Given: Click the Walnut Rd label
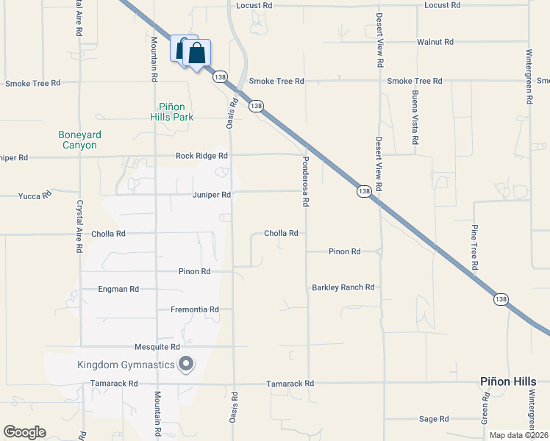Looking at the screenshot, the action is [435, 42].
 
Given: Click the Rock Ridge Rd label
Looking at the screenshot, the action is [201, 156].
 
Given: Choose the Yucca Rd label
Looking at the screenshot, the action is [35, 196].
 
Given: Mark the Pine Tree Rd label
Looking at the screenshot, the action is [475, 245].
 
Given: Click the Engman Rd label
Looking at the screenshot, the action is [118, 290].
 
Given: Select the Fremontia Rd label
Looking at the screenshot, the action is [195, 309].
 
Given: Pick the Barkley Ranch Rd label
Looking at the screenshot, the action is [343, 287].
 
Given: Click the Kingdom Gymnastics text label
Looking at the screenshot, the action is [126, 365].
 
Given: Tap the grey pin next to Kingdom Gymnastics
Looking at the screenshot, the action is [187, 364].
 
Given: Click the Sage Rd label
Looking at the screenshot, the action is [433, 419].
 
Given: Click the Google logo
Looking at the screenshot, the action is [24, 432].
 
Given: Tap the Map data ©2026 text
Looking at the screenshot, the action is [518, 435].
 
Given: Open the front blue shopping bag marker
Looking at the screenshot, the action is [197, 54].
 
